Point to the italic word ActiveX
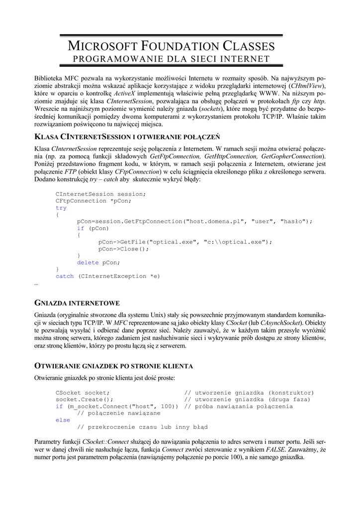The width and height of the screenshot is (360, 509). coord(124,93)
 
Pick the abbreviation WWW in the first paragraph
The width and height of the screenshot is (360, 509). coord(268,93)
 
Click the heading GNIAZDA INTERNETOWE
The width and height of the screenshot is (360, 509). coord(77,303)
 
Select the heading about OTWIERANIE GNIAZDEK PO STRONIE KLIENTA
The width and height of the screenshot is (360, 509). coord(113,366)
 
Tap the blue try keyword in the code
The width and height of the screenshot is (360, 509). coord(61,208)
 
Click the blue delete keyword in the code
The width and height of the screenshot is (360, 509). coord(88,262)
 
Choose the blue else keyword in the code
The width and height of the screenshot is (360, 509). coord(63,420)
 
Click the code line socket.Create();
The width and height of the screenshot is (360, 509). coord(84,400)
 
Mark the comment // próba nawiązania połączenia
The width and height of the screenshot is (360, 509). coord(238,407)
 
